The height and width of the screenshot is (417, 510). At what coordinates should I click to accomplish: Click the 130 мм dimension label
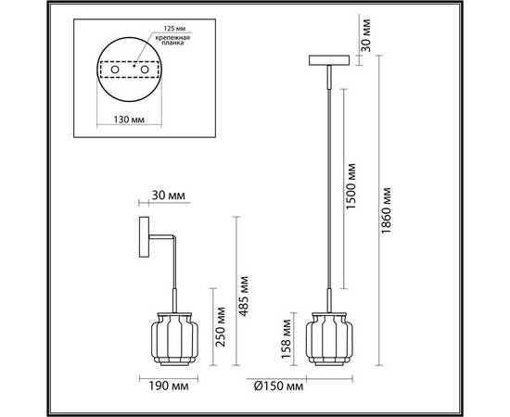pyautogui.click(x=129, y=120)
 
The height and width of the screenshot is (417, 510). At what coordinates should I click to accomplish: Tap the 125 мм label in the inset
pyautogui.click(x=174, y=29)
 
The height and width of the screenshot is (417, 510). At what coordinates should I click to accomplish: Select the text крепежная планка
pyautogui.click(x=172, y=40)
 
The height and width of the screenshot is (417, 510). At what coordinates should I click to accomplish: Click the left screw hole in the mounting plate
pyautogui.click(x=115, y=69)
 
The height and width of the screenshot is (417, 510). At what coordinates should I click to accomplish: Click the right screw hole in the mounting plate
pyautogui.click(x=145, y=69)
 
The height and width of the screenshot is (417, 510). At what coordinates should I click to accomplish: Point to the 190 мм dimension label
pyautogui.click(x=169, y=385)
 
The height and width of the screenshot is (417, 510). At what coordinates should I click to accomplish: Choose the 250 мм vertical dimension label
pyautogui.click(x=221, y=326)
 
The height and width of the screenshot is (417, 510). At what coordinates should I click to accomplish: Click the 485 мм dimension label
pyautogui.click(x=244, y=297)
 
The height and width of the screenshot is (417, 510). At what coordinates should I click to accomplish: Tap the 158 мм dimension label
pyautogui.click(x=287, y=339)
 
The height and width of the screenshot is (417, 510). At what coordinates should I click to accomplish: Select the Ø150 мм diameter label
pyautogui.click(x=278, y=386)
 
